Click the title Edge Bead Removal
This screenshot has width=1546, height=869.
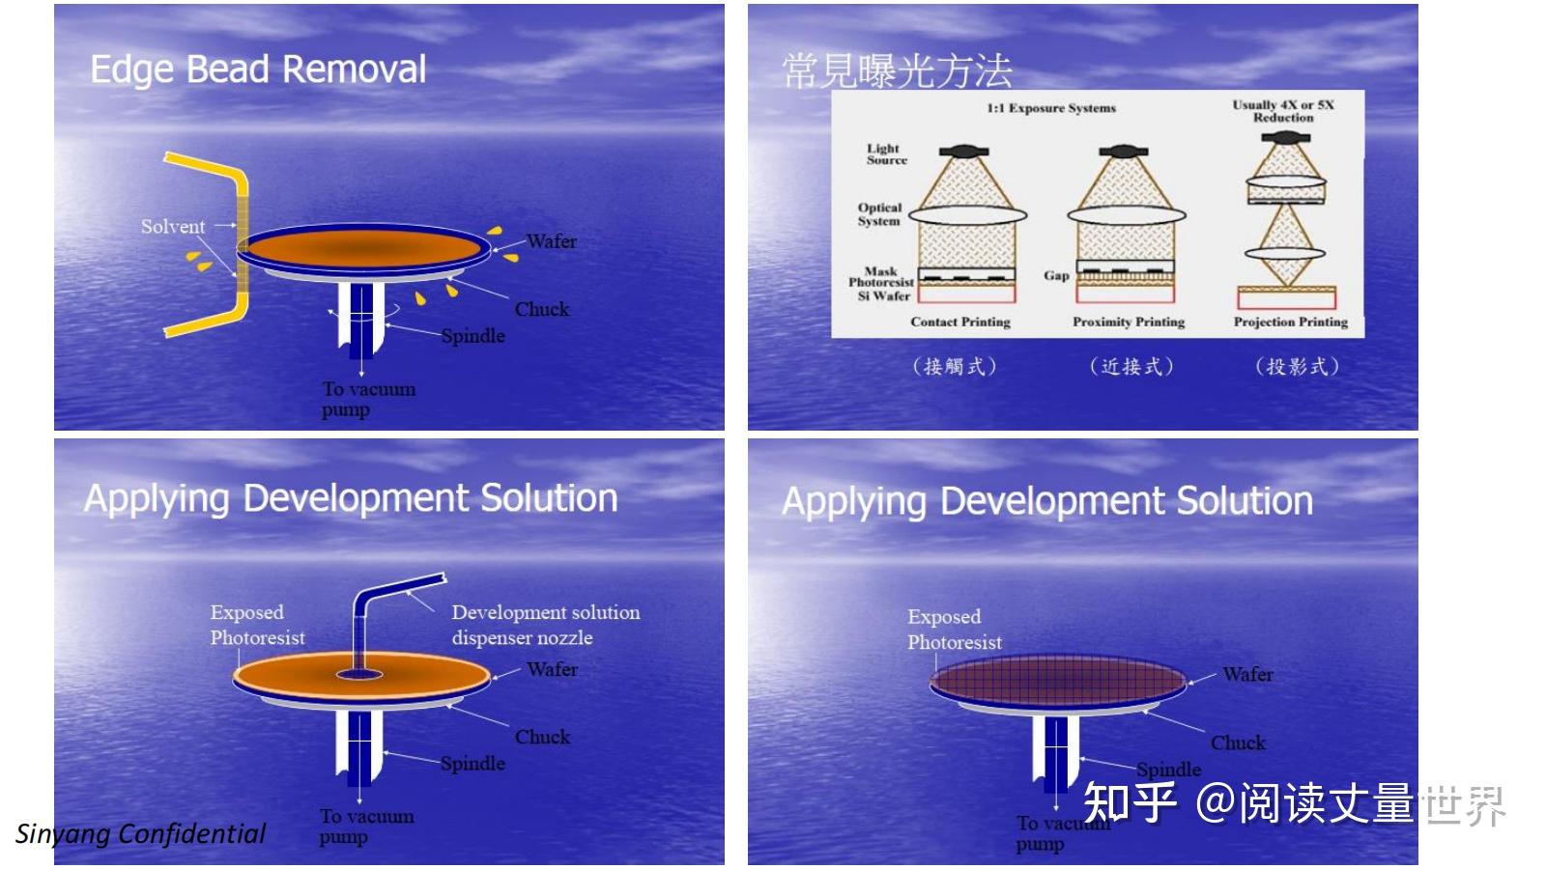[258, 70]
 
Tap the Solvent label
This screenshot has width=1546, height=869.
[173, 226]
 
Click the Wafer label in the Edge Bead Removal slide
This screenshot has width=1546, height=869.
[552, 240]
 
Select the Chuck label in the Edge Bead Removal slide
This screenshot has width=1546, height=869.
[542, 308]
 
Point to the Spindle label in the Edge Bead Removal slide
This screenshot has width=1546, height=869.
[472, 336]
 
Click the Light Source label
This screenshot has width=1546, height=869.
[887, 154]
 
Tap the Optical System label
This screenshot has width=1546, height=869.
[879, 213]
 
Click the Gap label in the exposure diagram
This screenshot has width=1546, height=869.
[1056, 275]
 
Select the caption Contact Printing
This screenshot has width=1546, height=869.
[960, 322]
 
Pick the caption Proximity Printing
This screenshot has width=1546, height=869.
[1129, 322]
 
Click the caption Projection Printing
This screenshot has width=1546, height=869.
[1291, 322]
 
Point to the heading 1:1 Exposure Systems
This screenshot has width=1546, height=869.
[1051, 108]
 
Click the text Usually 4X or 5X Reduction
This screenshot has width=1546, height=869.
[1283, 111]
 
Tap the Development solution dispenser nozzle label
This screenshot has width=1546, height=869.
[546, 625]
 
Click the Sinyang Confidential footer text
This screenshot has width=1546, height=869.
[140, 834]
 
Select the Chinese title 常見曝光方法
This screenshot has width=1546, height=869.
[898, 71]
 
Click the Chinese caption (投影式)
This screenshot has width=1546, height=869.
[1297, 366]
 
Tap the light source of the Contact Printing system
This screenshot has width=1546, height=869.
[963, 151]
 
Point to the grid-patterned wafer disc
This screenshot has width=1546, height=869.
[1057, 680]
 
